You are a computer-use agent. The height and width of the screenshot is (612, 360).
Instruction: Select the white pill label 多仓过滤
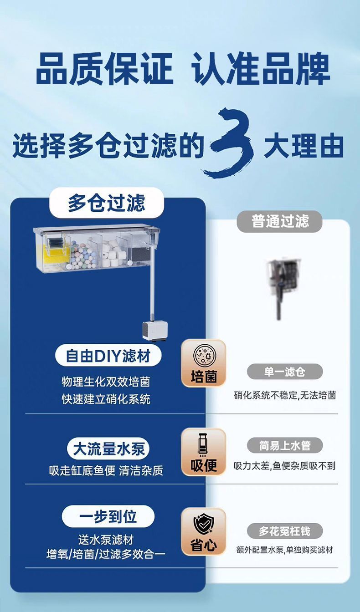[x=107, y=203]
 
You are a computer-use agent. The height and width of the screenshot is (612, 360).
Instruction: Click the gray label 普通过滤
[x=280, y=222]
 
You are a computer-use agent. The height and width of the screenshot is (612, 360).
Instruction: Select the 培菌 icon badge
[x=204, y=363]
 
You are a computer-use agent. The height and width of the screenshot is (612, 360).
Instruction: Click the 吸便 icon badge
[x=204, y=452]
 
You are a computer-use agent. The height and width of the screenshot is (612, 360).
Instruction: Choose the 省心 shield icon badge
[x=204, y=531]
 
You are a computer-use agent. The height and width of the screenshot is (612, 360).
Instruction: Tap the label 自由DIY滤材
[x=108, y=356]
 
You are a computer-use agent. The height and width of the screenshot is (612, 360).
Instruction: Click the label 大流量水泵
[x=108, y=449]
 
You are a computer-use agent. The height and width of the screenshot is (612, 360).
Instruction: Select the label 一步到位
[x=108, y=516]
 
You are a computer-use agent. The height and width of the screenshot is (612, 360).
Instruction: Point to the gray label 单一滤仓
[x=285, y=372]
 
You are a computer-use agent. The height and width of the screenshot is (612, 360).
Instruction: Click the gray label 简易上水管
[x=285, y=445]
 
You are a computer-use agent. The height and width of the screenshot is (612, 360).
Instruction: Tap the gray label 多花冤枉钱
[x=285, y=531]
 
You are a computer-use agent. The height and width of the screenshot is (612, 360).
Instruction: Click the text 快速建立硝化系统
[x=106, y=399]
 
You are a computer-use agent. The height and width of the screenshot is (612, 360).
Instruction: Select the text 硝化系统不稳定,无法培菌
[x=285, y=395]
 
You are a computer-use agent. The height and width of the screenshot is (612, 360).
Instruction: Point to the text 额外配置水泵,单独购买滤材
[x=285, y=550]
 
